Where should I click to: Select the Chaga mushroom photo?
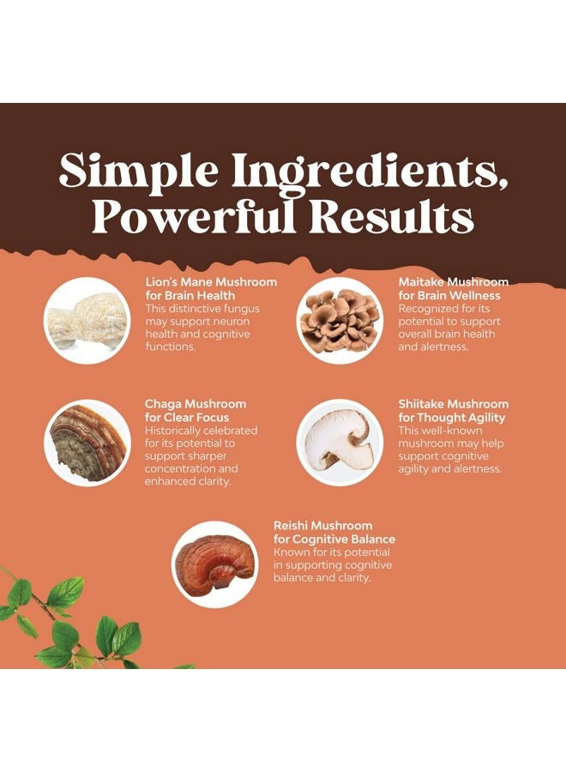tap(87, 443)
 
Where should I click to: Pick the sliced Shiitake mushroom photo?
tap(340, 443)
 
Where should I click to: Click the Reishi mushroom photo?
tap(214, 564)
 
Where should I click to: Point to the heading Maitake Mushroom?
tap(453, 282)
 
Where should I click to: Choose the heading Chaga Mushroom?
tap(196, 404)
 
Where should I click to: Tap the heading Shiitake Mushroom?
tap(453, 404)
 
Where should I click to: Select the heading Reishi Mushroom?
tap(323, 526)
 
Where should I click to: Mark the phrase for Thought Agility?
tap(451, 418)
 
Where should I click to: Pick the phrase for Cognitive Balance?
tap(334, 540)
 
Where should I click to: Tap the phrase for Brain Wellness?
tap(446, 296)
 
